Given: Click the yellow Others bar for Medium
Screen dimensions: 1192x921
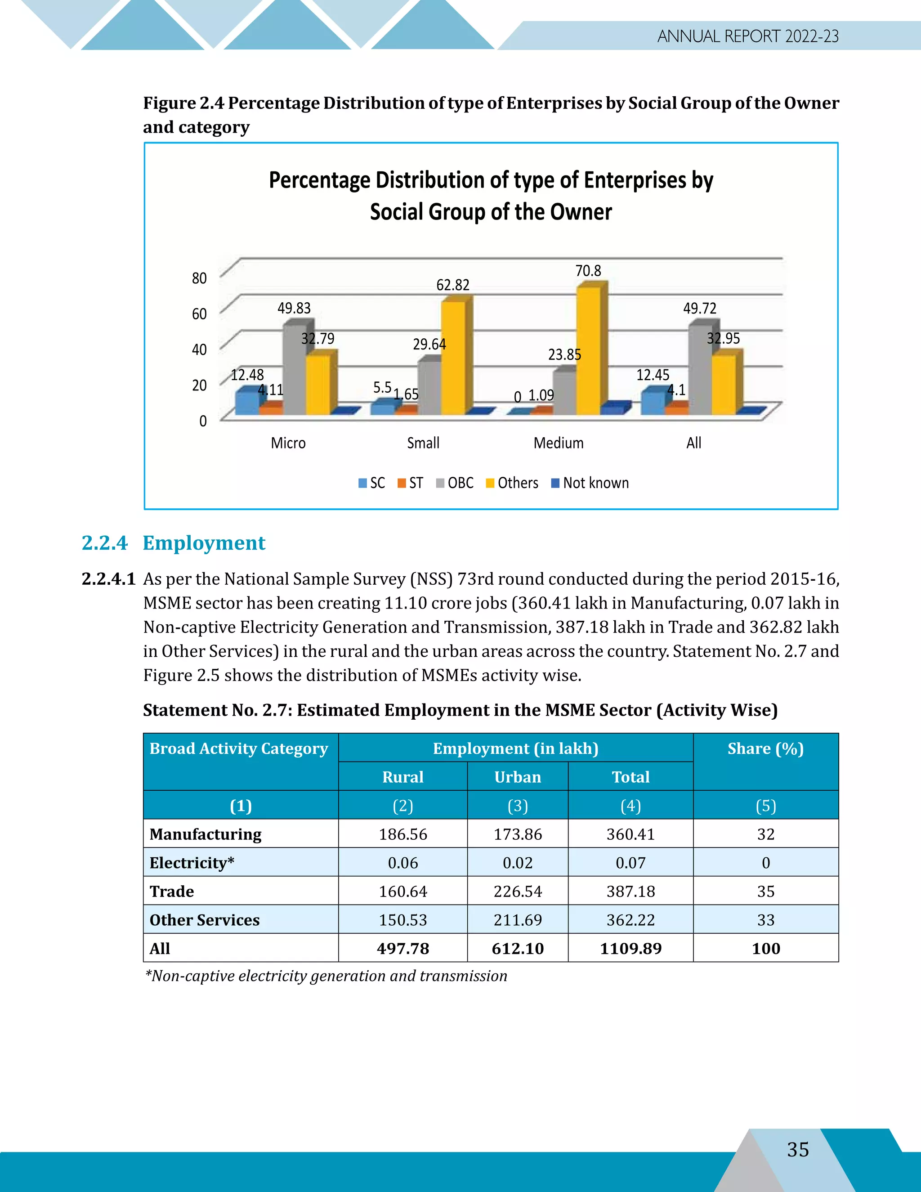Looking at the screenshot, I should (588, 352).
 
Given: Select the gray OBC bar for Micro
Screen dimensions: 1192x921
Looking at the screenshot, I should (294, 371).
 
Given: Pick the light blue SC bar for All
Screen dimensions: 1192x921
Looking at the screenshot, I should (652, 403).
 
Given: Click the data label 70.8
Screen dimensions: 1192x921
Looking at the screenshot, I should (588, 271).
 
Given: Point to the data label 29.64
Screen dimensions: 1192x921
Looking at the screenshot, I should (429, 345).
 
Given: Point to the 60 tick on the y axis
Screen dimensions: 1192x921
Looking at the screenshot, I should (199, 314).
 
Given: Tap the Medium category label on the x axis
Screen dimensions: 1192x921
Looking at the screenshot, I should (558, 443).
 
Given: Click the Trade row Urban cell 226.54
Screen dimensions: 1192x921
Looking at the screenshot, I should (517, 891).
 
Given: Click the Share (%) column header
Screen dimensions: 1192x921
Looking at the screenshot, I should (765, 749).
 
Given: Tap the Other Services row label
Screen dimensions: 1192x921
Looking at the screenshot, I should (205, 920).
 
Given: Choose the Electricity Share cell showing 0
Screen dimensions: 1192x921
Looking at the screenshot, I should (765, 863).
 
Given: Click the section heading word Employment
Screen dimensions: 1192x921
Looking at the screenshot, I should (204, 543).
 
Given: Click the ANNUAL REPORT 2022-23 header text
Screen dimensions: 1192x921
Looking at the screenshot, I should (747, 36).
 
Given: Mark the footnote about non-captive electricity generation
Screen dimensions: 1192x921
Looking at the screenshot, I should (326, 976).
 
